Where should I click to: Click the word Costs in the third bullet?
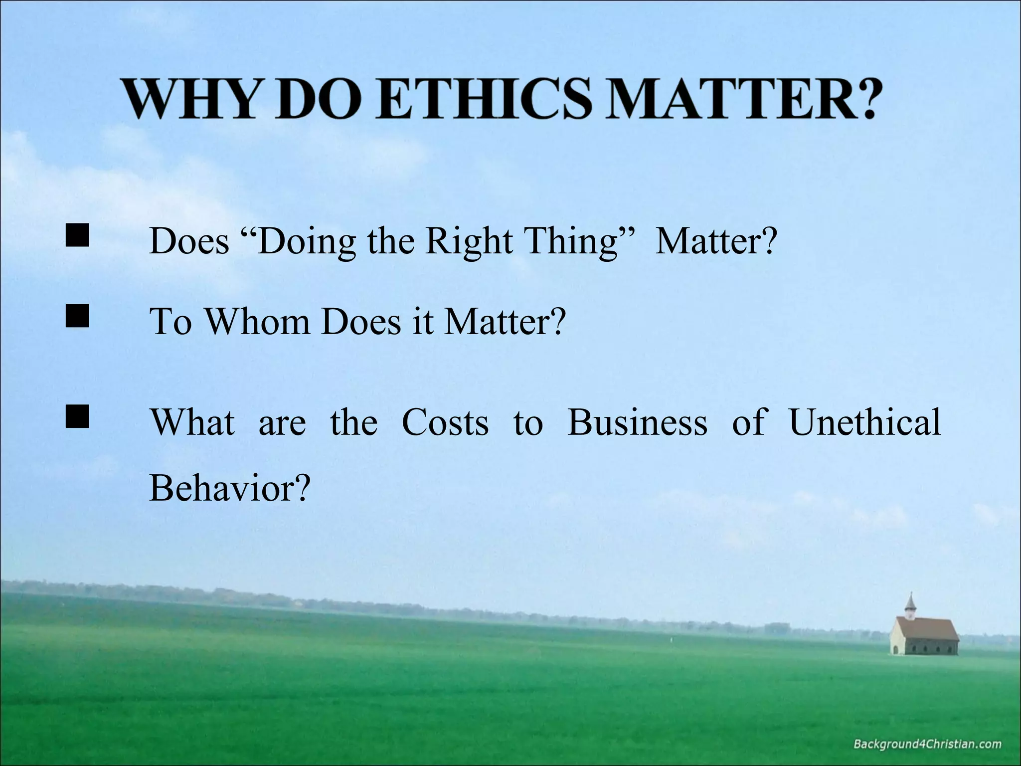[445, 422]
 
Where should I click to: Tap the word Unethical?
[865, 422]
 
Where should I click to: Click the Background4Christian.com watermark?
[927, 745]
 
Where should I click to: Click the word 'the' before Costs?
[353, 422]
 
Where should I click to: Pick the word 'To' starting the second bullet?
[170, 322]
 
